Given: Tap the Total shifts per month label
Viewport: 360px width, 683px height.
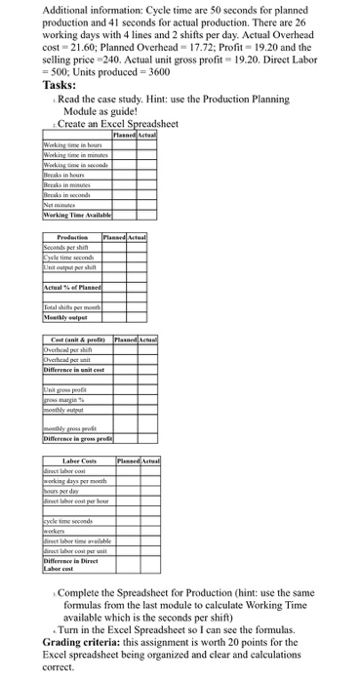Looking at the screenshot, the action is click(x=77, y=308).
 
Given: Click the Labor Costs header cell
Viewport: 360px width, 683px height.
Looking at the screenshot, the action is click(x=80, y=461).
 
